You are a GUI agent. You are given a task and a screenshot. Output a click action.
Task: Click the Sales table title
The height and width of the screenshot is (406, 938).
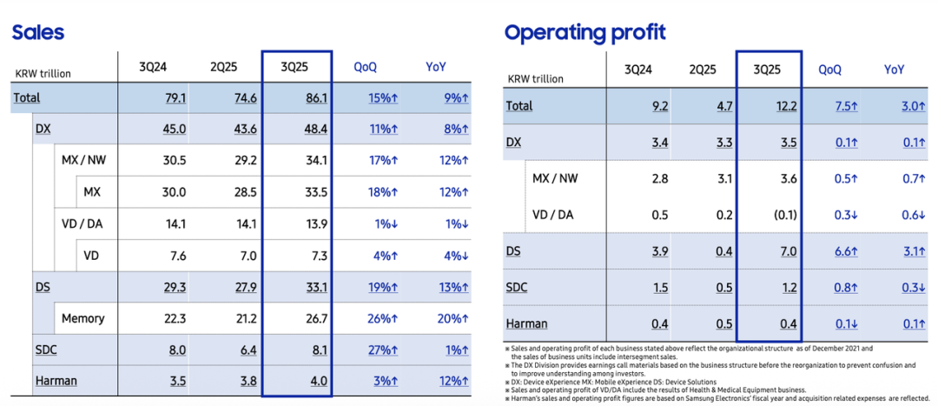click(x=37, y=33)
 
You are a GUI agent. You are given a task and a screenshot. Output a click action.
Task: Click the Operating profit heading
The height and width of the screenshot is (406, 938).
click(x=585, y=33)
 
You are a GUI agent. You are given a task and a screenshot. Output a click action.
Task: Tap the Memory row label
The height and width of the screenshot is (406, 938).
click(x=83, y=318)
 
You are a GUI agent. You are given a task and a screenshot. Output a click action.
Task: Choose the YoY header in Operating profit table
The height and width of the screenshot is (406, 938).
click(x=894, y=70)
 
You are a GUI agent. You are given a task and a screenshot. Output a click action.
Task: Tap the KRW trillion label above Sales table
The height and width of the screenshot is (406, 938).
click(x=43, y=74)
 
